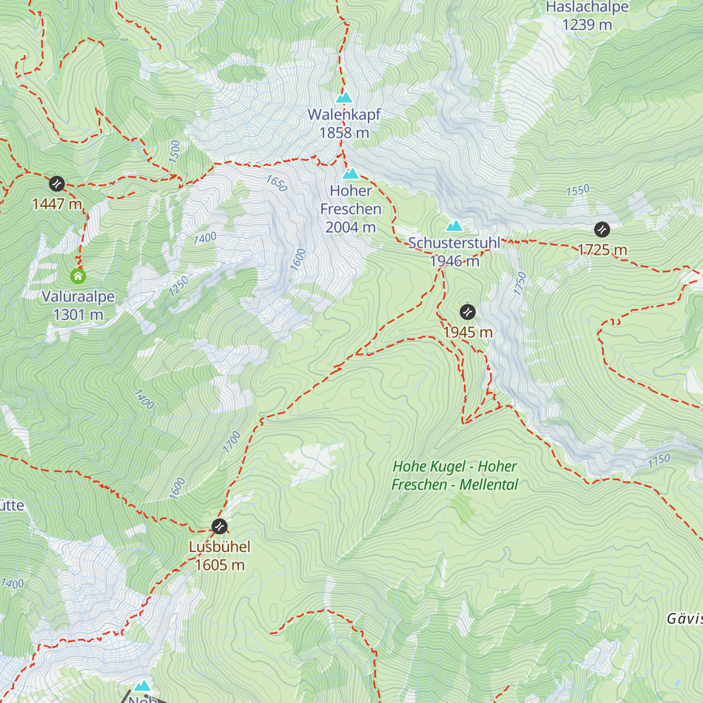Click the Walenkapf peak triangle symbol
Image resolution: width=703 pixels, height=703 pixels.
pos(344,97)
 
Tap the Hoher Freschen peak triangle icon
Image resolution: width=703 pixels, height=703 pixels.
pos(350,173)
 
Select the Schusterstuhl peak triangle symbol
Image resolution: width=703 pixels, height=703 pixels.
pos(454,226)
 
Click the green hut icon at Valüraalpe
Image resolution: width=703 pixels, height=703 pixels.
pos(78,275)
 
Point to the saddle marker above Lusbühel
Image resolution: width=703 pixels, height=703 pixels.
pos(219,526)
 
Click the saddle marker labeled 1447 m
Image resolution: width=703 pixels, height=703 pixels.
pos(57,183)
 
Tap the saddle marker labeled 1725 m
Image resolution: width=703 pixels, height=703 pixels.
pos(602,229)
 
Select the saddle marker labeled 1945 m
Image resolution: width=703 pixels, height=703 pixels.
pos(467,311)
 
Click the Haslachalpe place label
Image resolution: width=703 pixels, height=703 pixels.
pos(587,8)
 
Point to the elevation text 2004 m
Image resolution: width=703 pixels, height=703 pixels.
pos(350,227)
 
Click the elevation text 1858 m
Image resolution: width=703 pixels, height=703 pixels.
pos(344,133)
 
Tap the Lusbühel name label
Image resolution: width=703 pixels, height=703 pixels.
pos(220,547)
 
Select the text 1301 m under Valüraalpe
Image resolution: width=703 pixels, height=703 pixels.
pos(78,315)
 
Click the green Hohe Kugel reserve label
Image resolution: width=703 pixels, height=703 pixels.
pos(455,475)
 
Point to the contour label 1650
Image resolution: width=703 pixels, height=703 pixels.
pos(277,183)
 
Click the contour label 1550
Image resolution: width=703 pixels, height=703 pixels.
pos(578,190)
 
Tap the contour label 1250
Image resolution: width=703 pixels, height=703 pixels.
pos(179,285)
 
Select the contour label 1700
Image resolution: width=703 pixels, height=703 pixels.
pos(231,442)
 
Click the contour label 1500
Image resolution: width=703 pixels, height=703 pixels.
pos(175,151)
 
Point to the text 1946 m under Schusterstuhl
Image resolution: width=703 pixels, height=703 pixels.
pos(455,261)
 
